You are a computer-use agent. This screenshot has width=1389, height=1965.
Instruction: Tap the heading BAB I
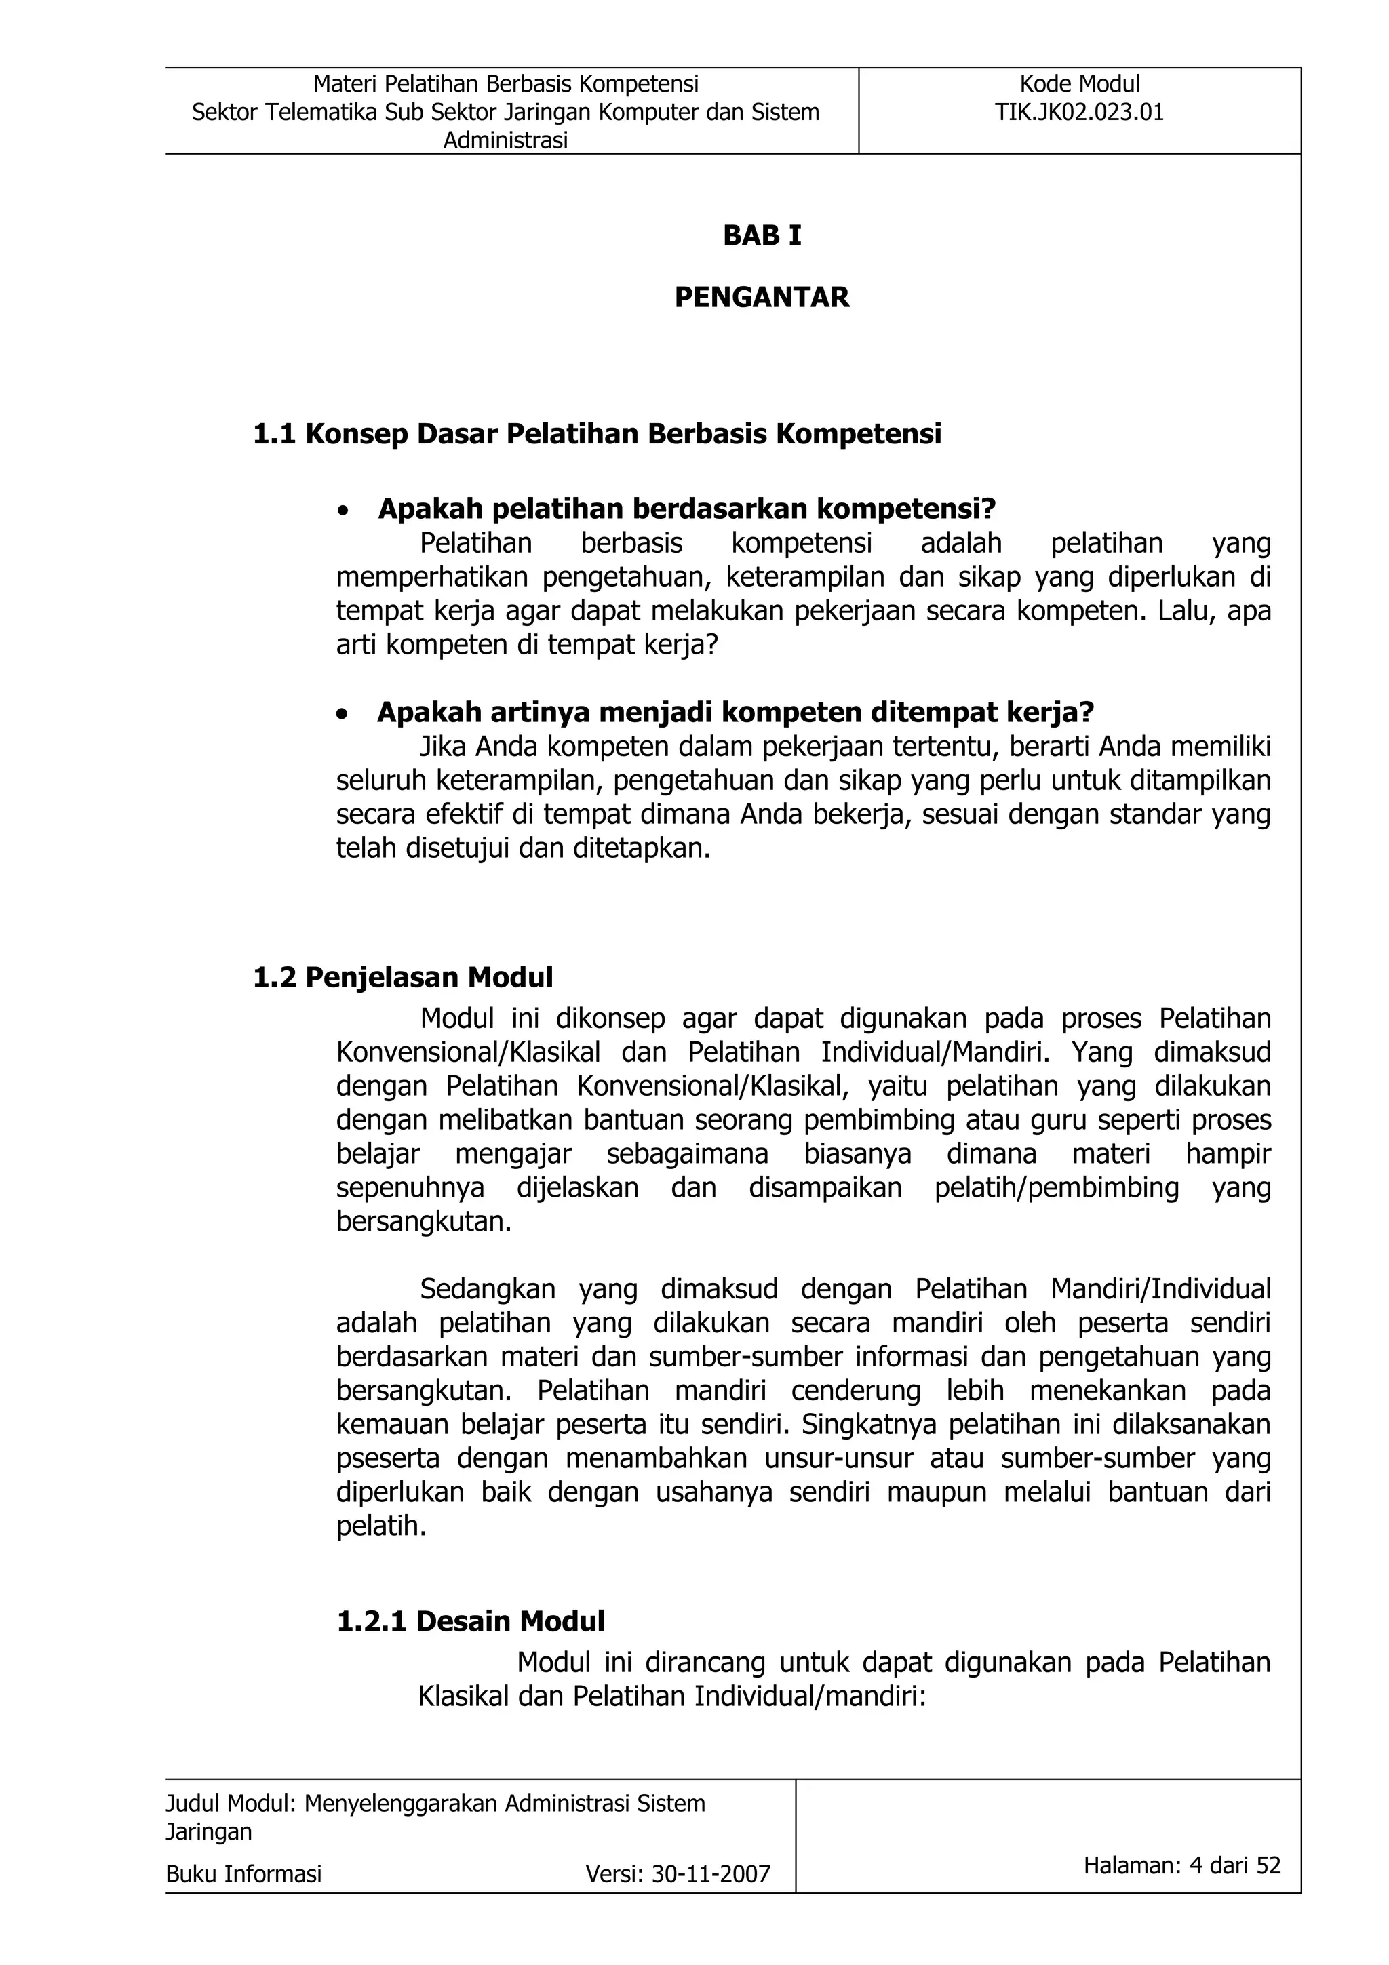pyautogui.click(x=762, y=235)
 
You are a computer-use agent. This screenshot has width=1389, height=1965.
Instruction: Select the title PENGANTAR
pyautogui.click(x=762, y=297)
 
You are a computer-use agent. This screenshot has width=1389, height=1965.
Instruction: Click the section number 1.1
pyautogui.click(x=274, y=435)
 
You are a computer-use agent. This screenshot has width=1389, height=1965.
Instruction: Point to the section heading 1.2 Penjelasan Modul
pyautogui.click(x=403, y=977)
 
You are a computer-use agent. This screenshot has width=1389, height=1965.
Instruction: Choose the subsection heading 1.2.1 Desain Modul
pyautogui.click(x=471, y=1621)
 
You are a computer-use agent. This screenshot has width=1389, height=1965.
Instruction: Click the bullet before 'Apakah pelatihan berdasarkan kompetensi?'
pyautogui.click(x=343, y=512)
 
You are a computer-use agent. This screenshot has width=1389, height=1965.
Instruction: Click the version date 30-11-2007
pyautogui.click(x=710, y=1875)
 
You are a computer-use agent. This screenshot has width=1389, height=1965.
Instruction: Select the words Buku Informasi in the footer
pyautogui.click(x=244, y=1875)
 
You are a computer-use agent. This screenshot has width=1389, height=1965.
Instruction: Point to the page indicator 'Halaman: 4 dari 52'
pyautogui.click(x=1182, y=1866)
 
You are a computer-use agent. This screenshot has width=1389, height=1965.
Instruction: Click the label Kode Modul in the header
pyautogui.click(x=1079, y=84)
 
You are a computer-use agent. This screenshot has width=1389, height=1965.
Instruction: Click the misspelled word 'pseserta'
pyautogui.click(x=388, y=1458)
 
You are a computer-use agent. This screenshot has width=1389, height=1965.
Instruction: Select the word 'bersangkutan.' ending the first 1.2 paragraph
pyautogui.click(x=424, y=1221)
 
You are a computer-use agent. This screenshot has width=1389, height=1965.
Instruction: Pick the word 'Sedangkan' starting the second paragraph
pyautogui.click(x=488, y=1289)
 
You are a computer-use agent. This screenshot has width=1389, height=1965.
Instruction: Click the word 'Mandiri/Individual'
pyautogui.click(x=1160, y=1289)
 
